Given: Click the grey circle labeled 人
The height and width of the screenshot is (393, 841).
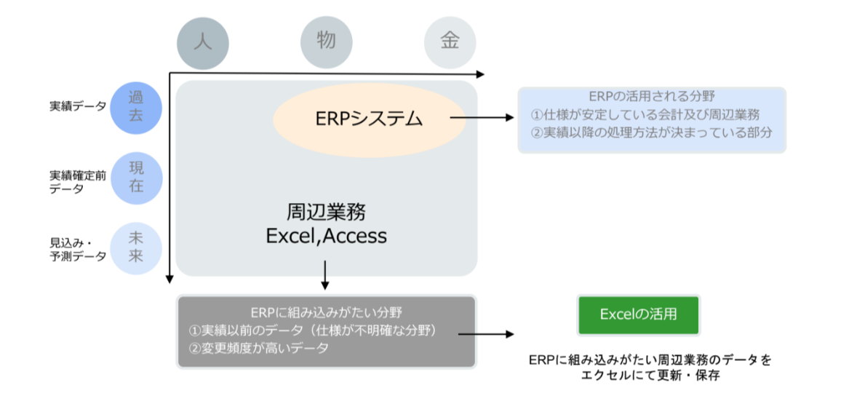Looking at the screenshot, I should (x=203, y=41).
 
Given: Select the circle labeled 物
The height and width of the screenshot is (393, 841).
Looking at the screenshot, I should (x=327, y=41).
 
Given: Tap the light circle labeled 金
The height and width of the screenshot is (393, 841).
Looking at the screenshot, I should (x=450, y=41).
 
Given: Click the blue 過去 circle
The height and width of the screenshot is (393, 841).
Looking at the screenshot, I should (x=136, y=106).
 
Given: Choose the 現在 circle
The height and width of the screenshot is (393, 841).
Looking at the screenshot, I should (x=136, y=177).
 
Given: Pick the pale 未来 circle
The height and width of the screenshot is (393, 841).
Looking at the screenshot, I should (x=136, y=247).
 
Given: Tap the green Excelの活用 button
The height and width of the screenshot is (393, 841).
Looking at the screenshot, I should (x=638, y=314).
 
